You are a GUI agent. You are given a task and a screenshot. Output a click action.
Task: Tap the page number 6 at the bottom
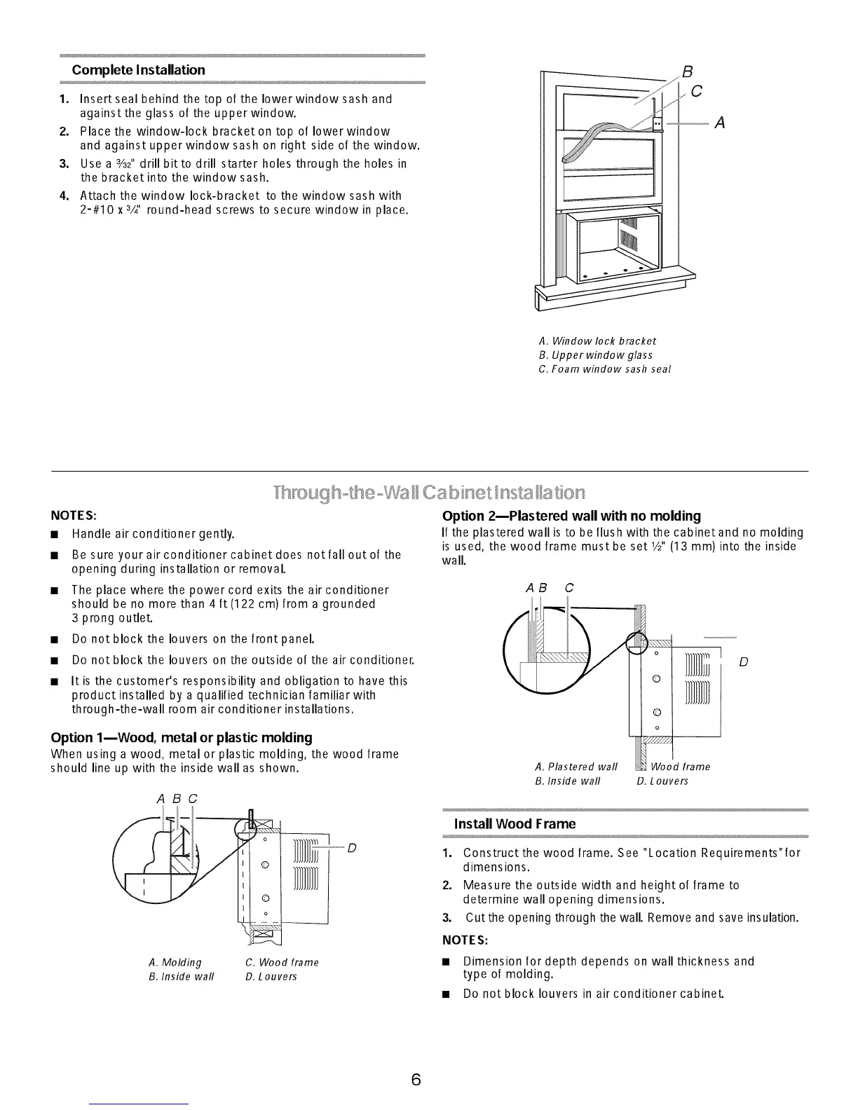coord(416,1080)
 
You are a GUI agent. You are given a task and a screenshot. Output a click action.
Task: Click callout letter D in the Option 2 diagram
coord(744,662)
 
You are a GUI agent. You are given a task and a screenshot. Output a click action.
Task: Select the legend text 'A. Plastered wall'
coord(576,767)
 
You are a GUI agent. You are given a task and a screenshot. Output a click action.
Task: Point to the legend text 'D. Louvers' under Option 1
coord(271,976)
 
